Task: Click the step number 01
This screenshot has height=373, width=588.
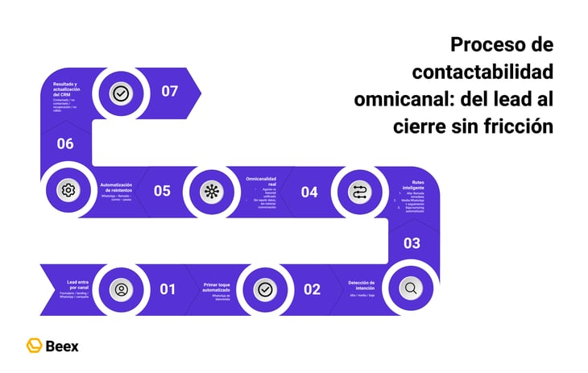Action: [168, 288]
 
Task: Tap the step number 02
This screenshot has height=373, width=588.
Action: [312, 289]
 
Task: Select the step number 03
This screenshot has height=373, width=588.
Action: [412, 242]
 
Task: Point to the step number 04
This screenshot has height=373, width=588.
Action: [309, 192]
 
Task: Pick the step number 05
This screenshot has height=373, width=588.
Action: [162, 191]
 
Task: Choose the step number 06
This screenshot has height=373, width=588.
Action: [65, 144]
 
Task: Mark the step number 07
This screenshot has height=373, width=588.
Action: [169, 91]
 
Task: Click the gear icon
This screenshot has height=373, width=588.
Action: [68, 190]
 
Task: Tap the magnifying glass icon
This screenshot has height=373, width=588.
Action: [410, 288]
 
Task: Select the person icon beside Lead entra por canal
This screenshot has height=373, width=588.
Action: [121, 288]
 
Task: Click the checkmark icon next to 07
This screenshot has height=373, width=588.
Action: [121, 93]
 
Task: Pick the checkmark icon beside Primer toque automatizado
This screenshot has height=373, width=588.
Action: [265, 288]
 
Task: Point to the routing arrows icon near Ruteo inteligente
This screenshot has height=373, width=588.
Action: [358, 192]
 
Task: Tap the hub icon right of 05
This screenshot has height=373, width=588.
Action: [212, 191]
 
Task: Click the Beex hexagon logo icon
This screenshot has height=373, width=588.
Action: [35, 346]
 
